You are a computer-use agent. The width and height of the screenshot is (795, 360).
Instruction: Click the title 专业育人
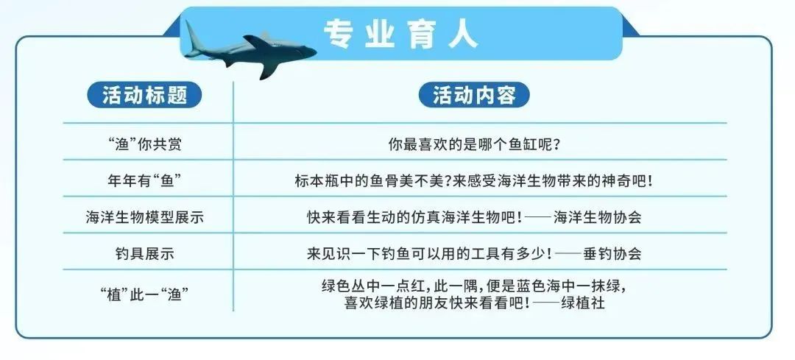pos(400,35)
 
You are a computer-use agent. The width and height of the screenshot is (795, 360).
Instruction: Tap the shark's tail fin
pos(193,40)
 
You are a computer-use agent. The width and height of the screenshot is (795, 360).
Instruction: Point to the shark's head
pos(303,52)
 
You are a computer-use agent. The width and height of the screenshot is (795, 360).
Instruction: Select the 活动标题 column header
pos(144,95)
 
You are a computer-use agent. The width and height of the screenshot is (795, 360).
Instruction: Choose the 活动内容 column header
pos(474,95)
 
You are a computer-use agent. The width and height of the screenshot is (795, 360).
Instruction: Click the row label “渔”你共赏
pos(144,144)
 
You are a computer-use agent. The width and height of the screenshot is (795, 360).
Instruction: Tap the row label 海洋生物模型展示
pos(144,217)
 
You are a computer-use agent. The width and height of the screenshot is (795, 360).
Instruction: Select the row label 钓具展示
pos(144,254)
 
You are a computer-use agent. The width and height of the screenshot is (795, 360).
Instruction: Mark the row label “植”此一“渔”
pos(144,294)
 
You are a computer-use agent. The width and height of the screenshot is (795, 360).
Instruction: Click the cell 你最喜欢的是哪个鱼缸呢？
pos(474,144)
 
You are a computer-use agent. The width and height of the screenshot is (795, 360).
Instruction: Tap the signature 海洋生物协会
pos(597,217)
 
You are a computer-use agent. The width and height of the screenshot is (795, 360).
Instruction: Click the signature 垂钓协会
pos(612,254)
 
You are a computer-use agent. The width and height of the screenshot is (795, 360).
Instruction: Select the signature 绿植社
pos(583,303)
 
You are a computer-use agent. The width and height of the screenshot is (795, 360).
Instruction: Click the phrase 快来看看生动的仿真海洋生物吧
pos(411,217)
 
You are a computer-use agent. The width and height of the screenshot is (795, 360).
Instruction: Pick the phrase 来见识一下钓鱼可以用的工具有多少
pos(426,254)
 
